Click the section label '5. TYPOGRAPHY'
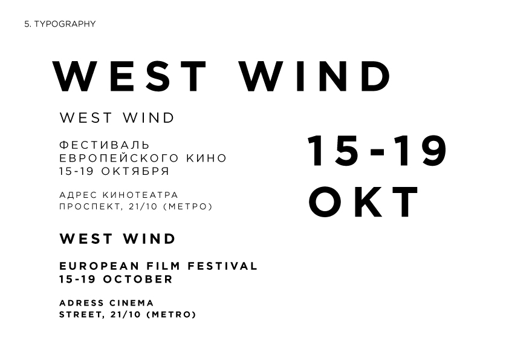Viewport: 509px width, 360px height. (60, 24)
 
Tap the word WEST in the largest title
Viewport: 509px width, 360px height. (129, 76)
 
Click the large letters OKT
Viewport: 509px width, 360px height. (363, 201)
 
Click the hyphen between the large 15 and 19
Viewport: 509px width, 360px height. (377, 152)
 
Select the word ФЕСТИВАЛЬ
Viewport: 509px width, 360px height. (105, 145)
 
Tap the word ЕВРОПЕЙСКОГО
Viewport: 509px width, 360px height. (119, 159)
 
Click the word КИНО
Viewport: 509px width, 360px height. (207, 159)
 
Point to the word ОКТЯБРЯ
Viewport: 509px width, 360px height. (135, 171)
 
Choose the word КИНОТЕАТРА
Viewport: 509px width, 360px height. (141, 195)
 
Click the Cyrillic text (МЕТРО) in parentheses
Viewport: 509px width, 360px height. (187, 207)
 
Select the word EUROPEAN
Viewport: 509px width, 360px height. (99, 266)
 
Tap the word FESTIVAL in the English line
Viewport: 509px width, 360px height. (222, 266)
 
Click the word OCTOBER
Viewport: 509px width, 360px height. (138, 279)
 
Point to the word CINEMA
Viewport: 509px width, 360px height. (131, 303)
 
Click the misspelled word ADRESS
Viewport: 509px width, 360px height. (82, 303)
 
